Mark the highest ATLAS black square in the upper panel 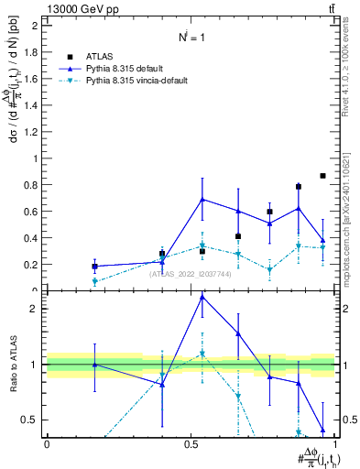pyautogui.click(x=322, y=175)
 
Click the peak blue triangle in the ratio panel pyautogui.click(x=202, y=297)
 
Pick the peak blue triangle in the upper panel pyautogui.click(x=202, y=199)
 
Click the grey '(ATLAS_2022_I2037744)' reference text pyautogui.click(x=190, y=274)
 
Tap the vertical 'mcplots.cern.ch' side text pyautogui.click(x=354, y=234)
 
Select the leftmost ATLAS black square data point pyautogui.click(x=95, y=267)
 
